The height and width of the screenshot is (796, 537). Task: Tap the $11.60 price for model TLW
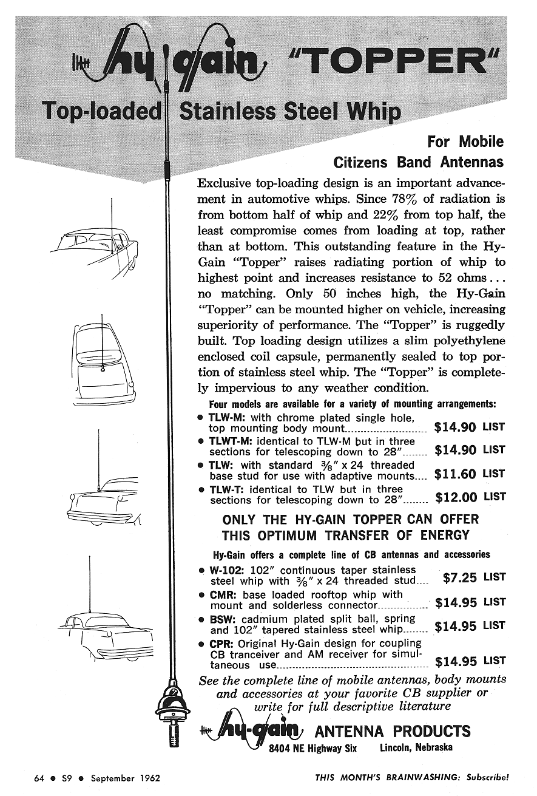[x=456, y=474]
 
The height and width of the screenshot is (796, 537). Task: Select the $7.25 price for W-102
[x=459, y=577]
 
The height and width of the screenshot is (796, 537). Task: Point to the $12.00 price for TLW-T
[x=456, y=497]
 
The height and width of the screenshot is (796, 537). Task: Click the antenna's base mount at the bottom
[x=174, y=707]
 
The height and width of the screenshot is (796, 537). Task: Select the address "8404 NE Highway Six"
[x=312, y=748]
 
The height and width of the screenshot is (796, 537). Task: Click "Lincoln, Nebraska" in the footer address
[x=416, y=747]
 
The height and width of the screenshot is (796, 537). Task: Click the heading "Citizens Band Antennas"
[x=419, y=162]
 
